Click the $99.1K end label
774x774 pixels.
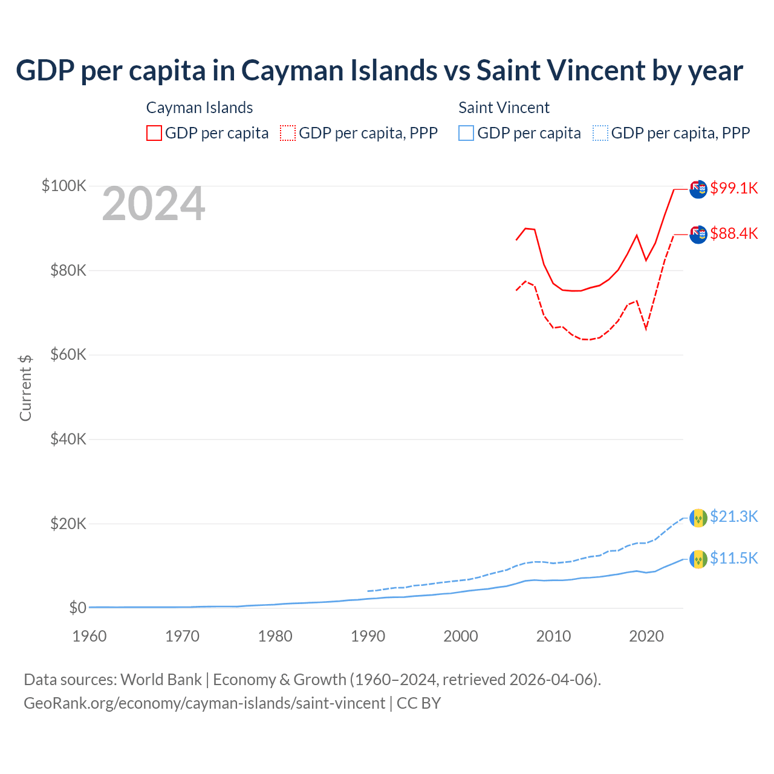733,188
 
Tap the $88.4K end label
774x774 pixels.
733,233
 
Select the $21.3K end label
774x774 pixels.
733,516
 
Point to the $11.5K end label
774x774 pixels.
733,558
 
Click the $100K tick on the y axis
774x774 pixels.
64,186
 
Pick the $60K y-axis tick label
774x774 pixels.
68,354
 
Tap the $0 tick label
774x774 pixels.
77,608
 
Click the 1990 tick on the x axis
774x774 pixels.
368,636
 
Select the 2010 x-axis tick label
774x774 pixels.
553,636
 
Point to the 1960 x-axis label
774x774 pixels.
89,636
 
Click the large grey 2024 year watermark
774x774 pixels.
154,204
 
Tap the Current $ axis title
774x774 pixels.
25,388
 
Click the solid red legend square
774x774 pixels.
154,133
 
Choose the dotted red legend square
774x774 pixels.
288,133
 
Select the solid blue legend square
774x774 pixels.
466,133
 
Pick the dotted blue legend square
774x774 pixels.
600,133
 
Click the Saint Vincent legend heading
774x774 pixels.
504,108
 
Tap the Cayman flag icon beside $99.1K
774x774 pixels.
698,189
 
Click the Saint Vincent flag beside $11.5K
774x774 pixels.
698,559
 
